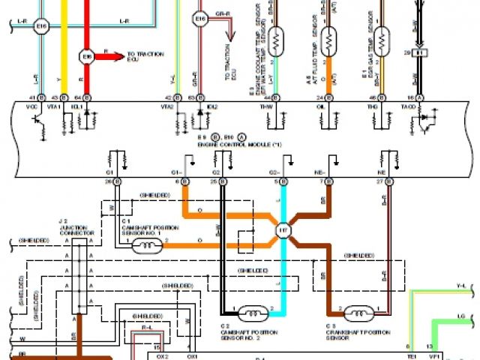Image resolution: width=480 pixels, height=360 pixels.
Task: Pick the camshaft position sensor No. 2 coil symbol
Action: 253,312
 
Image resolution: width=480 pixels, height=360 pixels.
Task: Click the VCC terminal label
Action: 32,107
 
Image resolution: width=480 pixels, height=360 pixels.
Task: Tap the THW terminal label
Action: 267,107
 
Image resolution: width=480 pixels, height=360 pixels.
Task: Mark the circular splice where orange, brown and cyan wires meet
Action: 283,230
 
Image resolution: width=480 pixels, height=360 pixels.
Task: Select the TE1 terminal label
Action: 411,355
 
